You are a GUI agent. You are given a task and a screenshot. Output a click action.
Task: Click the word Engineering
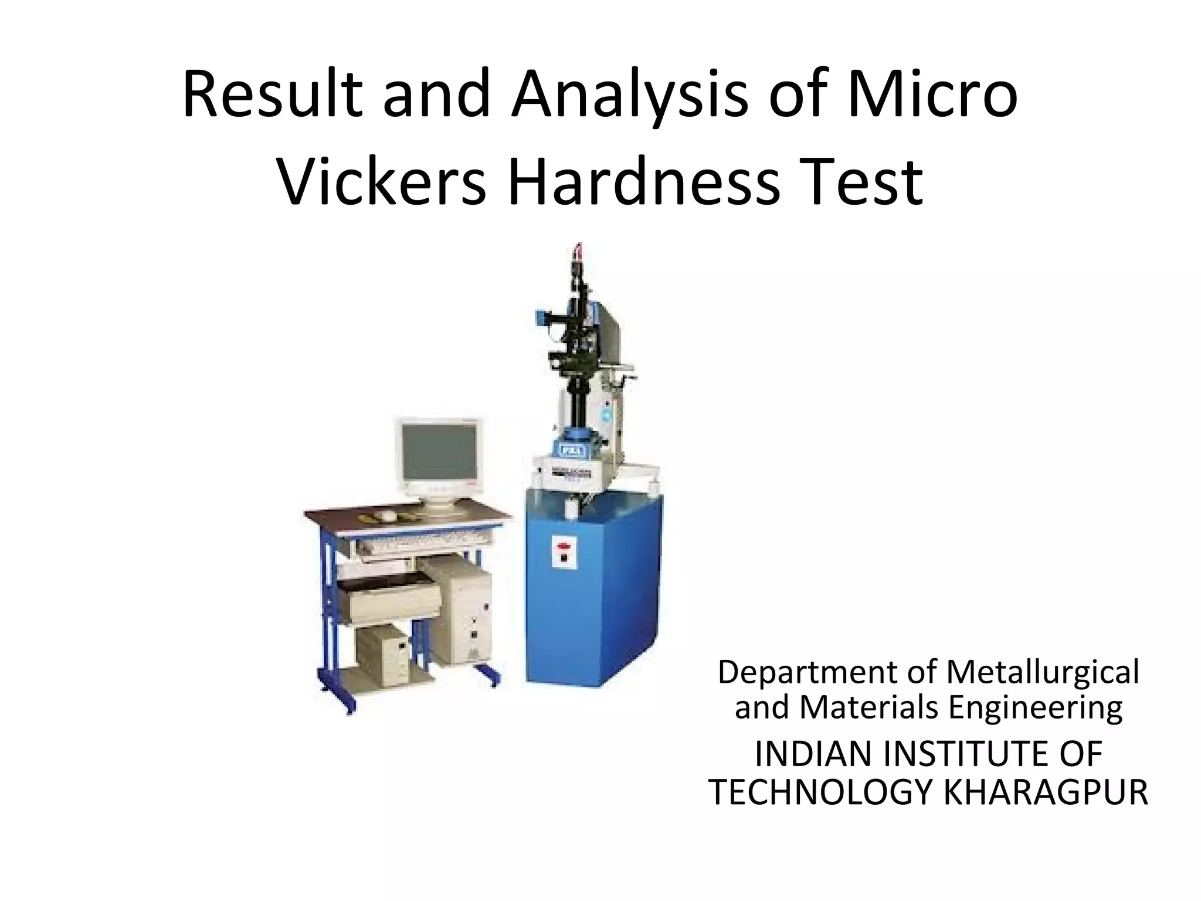[1036, 709]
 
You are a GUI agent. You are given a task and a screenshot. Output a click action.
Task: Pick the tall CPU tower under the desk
[461, 610]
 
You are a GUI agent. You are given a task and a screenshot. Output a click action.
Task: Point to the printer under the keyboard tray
[388, 598]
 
